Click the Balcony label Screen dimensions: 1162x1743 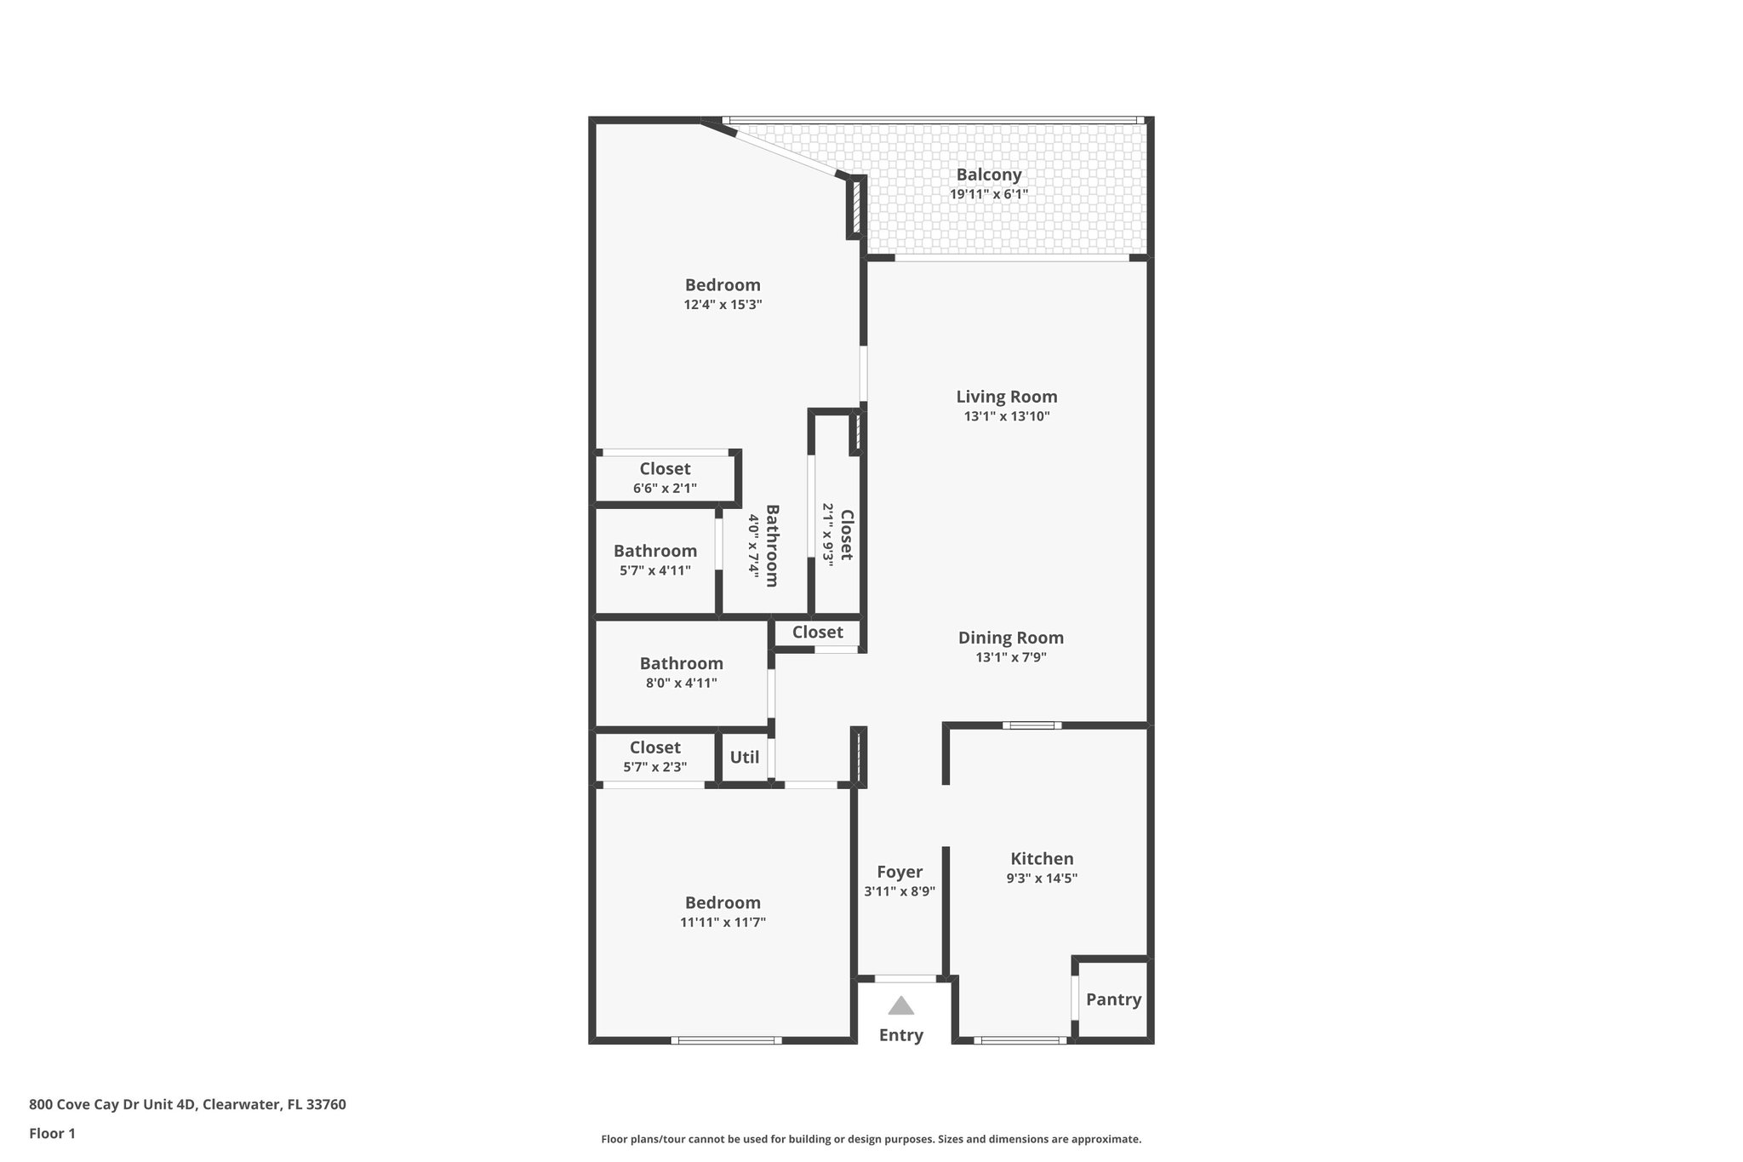(x=988, y=175)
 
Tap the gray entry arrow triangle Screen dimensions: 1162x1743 (x=900, y=1006)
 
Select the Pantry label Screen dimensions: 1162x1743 (x=1113, y=999)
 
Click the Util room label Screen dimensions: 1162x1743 (x=745, y=757)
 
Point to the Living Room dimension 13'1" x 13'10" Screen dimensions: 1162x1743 (x=1007, y=416)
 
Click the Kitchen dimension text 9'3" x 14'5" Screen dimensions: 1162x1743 (x=1042, y=879)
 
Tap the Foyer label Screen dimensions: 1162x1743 (x=900, y=872)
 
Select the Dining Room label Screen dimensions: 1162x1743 (x=1010, y=638)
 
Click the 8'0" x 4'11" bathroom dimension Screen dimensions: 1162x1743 (x=681, y=683)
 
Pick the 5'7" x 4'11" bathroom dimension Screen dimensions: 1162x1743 (x=654, y=570)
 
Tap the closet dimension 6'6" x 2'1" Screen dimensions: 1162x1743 (x=665, y=489)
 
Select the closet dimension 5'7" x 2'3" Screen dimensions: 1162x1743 (x=654, y=767)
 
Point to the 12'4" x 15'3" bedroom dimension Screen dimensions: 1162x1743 (x=723, y=305)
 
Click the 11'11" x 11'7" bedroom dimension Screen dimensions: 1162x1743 (x=723, y=922)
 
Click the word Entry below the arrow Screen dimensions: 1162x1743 (x=900, y=1035)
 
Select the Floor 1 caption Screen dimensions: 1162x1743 (x=52, y=1133)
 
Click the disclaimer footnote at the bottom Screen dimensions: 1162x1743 (x=871, y=1139)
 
